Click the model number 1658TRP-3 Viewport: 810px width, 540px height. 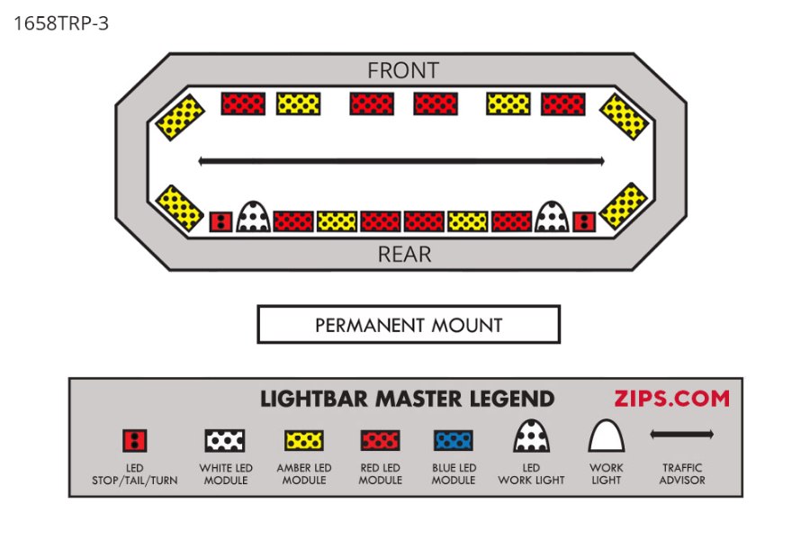coord(61,23)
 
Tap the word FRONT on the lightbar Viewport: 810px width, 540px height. coord(403,70)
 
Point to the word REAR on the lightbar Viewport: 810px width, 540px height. coord(404,255)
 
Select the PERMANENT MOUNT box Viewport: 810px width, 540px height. coord(409,325)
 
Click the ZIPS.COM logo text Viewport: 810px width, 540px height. coord(671,399)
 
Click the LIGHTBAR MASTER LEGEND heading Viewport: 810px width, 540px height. coord(408,399)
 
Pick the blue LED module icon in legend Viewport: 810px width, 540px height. coord(454,440)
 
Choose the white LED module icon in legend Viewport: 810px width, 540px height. coord(225,440)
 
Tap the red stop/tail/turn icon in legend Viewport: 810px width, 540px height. coord(135,440)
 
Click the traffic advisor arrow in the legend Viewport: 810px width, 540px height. coord(681,435)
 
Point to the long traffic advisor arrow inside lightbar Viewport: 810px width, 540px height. coord(400,162)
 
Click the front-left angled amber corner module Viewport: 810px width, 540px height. coord(179,116)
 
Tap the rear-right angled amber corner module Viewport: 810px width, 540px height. coord(623,206)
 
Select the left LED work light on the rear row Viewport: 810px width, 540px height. coord(254,216)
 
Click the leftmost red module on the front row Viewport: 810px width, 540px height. coord(243,103)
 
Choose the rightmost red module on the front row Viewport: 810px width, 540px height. coord(564,103)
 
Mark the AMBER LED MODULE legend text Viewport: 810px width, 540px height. coord(304,474)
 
